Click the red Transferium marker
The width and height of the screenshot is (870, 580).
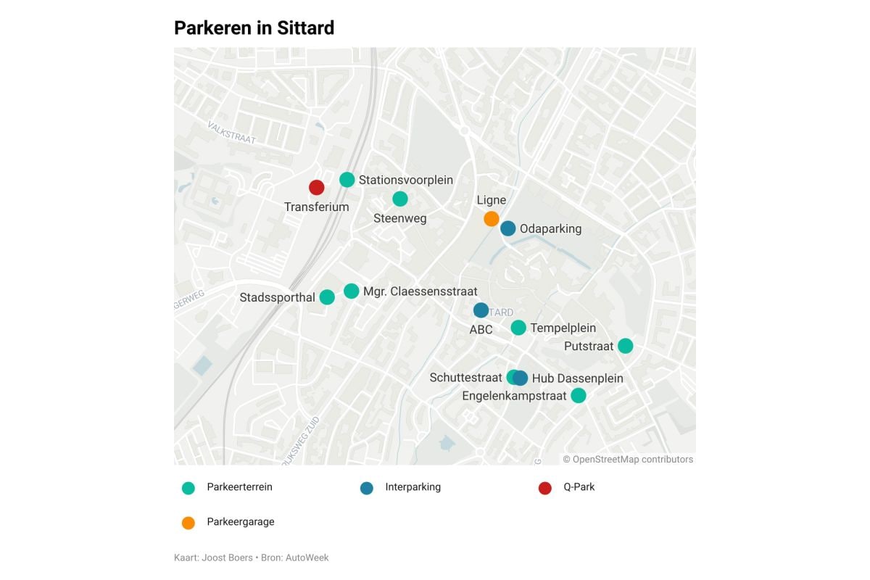pyautogui.click(x=317, y=187)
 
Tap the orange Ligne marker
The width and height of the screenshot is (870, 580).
pyautogui.click(x=492, y=218)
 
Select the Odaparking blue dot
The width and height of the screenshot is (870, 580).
pyautogui.click(x=508, y=228)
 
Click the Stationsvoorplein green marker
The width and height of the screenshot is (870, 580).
pyautogui.click(x=347, y=180)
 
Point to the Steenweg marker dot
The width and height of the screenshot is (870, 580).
pyautogui.click(x=400, y=199)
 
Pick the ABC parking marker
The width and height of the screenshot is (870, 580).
pyautogui.click(x=481, y=310)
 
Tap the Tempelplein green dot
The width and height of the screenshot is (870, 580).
pyautogui.click(x=518, y=328)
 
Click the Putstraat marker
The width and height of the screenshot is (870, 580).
pyautogui.click(x=625, y=346)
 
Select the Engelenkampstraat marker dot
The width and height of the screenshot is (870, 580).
pyautogui.click(x=578, y=395)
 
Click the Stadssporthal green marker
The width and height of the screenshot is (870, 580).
pyautogui.click(x=327, y=297)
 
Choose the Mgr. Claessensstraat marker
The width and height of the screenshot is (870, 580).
pyautogui.click(x=352, y=291)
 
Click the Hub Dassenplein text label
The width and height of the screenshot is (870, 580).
pyautogui.click(x=577, y=378)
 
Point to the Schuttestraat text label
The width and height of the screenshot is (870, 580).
pyautogui.click(x=465, y=378)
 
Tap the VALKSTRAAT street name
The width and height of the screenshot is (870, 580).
pyautogui.click(x=232, y=133)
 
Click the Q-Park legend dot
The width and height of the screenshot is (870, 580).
pyautogui.click(x=545, y=488)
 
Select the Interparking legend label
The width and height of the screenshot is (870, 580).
pyautogui.click(x=413, y=487)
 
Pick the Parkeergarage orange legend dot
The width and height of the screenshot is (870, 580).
pyautogui.click(x=188, y=523)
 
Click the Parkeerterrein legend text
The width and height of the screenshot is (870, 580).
pyautogui.click(x=239, y=487)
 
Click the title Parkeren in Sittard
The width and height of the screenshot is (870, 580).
pyautogui.click(x=254, y=28)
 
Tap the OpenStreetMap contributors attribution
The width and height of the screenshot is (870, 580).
pyautogui.click(x=628, y=459)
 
